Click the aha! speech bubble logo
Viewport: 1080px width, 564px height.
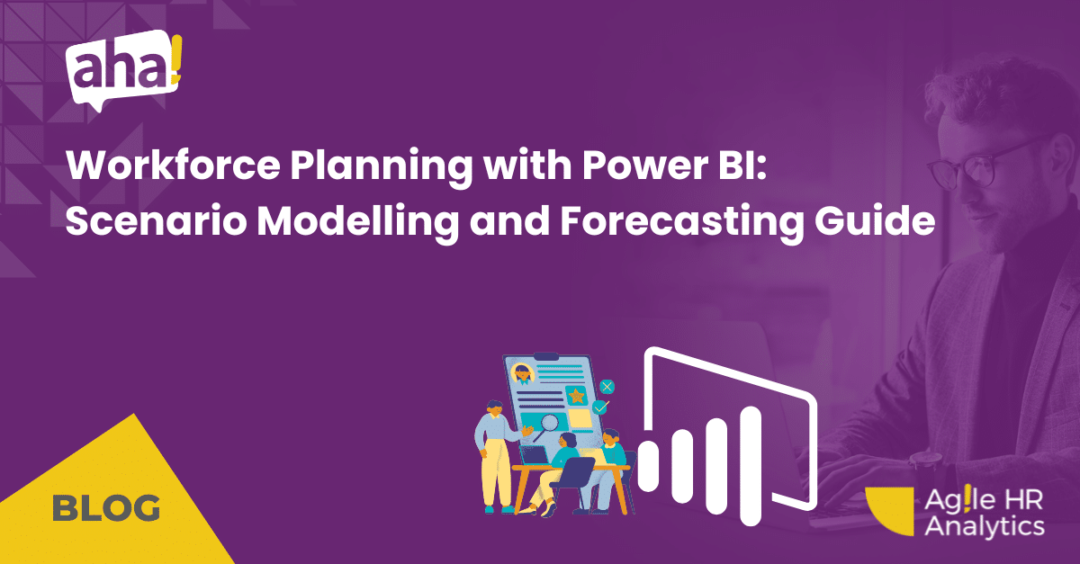[123, 70]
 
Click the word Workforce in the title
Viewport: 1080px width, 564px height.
[173, 166]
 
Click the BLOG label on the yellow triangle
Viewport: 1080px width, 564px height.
[106, 507]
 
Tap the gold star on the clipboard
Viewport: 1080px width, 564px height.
[576, 396]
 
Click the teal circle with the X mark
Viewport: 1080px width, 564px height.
[607, 386]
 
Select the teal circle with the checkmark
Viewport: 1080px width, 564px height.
[600, 407]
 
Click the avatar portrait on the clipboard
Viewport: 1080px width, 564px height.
[523, 374]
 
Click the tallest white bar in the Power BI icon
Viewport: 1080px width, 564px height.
[751, 466]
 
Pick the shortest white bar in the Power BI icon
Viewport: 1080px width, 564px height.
[648, 466]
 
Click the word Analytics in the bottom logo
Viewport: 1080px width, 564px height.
[985, 526]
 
